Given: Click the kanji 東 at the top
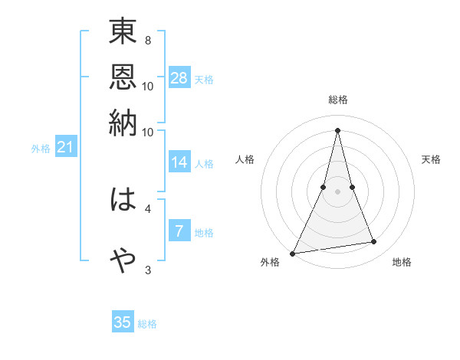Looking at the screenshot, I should pyautogui.click(x=123, y=34).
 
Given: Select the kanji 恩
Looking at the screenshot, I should pyautogui.click(x=123, y=79).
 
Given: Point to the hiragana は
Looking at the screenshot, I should pyautogui.click(x=123, y=201).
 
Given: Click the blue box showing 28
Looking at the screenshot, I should pyautogui.click(x=179, y=78).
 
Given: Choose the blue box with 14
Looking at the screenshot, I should pyautogui.click(x=179, y=162).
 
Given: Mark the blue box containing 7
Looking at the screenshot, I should pyautogui.click(x=179, y=231).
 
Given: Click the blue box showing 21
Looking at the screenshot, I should pyautogui.click(x=65, y=147).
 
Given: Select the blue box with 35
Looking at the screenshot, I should pyautogui.click(x=123, y=322).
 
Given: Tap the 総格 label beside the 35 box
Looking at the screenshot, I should pyautogui.click(x=147, y=324).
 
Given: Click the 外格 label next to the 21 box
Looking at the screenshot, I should pyautogui.click(x=41, y=149).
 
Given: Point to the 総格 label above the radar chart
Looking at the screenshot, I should pyautogui.click(x=337, y=100).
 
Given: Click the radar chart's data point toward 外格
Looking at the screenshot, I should pyautogui.click(x=293, y=253).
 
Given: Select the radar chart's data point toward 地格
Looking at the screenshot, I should pyautogui.click(x=373, y=242).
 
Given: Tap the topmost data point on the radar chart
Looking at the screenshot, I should pyautogui.click(x=337, y=129).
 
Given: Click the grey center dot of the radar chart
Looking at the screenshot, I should pyautogui.click(x=337, y=191).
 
